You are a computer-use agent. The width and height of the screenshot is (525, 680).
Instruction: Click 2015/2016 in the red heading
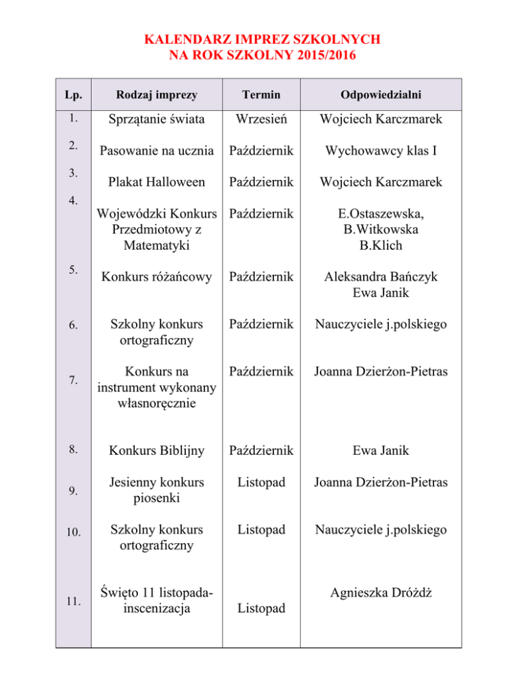[x=323, y=53]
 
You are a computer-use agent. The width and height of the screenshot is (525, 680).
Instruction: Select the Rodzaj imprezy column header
[x=158, y=93]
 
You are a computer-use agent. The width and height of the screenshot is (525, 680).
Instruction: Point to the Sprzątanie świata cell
[x=158, y=120]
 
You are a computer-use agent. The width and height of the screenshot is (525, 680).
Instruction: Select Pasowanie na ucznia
[x=158, y=151]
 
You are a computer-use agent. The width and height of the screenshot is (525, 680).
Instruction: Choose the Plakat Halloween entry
[x=158, y=182]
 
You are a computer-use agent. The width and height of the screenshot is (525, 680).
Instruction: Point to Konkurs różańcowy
[x=158, y=276]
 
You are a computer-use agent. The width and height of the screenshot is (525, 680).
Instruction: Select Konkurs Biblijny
[x=158, y=452]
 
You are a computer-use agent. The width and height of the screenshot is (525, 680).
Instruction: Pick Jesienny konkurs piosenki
[x=158, y=490]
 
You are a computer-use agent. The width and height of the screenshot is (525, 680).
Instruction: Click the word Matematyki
[x=158, y=244]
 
